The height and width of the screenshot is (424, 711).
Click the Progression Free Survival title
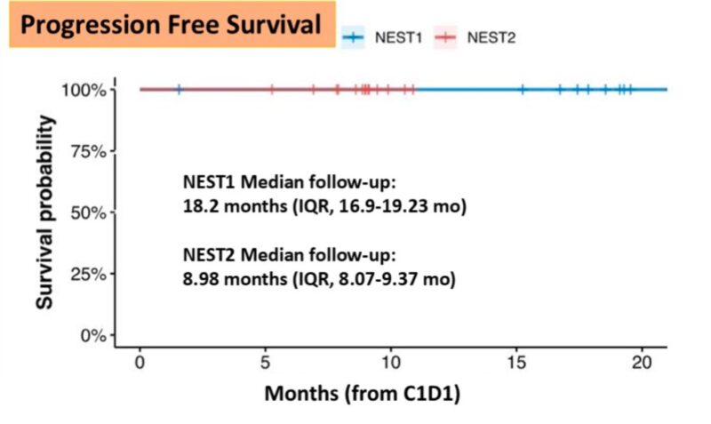(171, 25)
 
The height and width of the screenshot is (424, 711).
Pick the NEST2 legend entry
(475, 36)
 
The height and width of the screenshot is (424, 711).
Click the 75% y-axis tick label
(86, 151)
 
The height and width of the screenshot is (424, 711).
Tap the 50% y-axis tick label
(86, 212)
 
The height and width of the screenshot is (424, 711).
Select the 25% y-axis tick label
(86, 274)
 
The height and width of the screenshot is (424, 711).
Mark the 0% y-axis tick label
(92, 335)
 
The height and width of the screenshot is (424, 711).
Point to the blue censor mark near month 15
(523, 89)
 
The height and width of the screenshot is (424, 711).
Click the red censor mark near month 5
(272, 89)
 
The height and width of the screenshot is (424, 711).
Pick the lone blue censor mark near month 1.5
(179, 89)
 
